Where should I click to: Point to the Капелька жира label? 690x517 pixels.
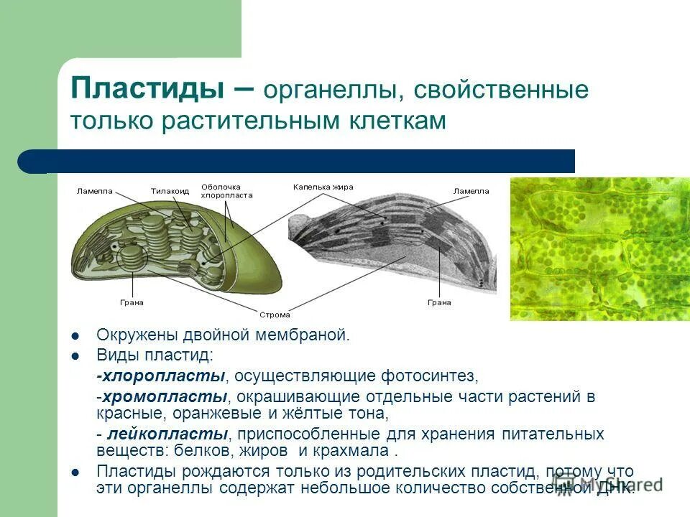[323, 187]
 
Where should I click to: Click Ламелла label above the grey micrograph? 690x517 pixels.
[471, 191]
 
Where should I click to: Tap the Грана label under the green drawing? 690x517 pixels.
[132, 302]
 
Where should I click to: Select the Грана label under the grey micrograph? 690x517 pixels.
[438, 302]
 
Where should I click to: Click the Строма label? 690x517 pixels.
[274, 315]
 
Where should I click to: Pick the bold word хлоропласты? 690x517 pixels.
[162, 376]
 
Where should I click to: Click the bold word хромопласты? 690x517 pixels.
[165, 397]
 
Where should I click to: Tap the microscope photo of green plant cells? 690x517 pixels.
[599, 248]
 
